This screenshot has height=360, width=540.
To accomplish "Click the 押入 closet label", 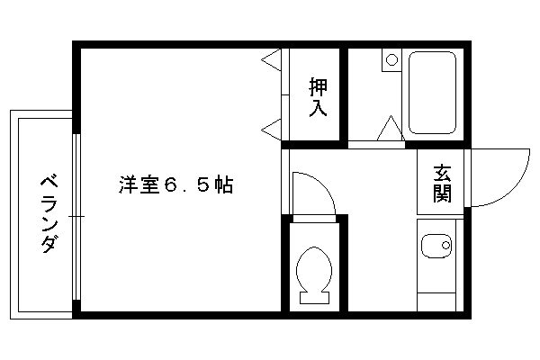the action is click(x=318, y=97).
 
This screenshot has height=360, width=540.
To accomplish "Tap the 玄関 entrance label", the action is click(x=442, y=184).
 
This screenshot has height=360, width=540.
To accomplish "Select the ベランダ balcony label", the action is click(x=49, y=214).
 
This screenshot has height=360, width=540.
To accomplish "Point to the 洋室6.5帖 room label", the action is click(x=176, y=185).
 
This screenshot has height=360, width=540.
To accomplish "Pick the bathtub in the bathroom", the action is click(x=432, y=93).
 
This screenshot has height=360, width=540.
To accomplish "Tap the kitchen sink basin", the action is click(x=436, y=246).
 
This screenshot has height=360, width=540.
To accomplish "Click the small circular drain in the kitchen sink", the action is click(x=446, y=246).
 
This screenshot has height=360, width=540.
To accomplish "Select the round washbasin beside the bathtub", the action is click(x=391, y=60).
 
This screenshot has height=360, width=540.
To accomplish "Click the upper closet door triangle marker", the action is click(x=272, y=60).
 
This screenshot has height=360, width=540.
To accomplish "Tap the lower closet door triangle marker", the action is click(x=272, y=130).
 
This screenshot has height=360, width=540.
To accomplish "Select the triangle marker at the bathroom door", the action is click(x=391, y=128).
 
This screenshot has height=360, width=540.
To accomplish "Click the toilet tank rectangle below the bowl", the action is click(x=314, y=298).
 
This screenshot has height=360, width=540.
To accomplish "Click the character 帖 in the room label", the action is click(x=224, y=185).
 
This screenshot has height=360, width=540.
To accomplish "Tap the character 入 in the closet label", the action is click(x=318, y=108).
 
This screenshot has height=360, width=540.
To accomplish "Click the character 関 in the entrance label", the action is click(x=442, y=193).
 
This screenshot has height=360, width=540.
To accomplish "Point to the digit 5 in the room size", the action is click(x=203, y=185).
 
